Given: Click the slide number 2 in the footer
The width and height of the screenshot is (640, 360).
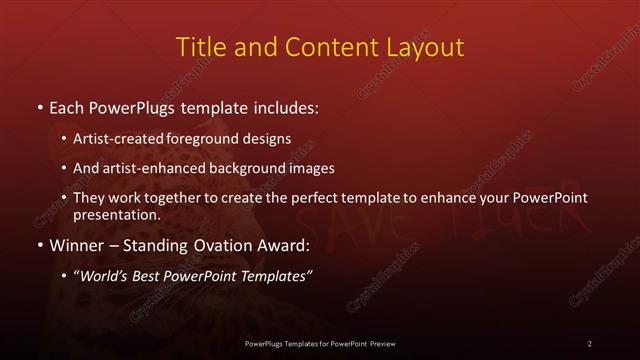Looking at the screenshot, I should [590, 343].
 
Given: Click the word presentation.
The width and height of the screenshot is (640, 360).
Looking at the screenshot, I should [116, 215].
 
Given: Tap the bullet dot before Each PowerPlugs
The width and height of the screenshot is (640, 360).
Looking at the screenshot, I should [39, 107].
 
